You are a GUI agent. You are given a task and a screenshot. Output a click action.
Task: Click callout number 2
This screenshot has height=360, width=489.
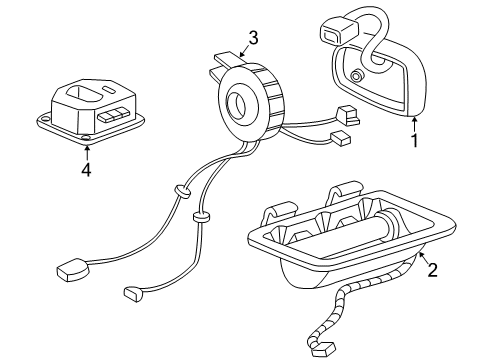tap(431, 269)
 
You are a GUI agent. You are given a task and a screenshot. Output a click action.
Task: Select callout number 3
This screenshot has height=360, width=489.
tap(254, 38)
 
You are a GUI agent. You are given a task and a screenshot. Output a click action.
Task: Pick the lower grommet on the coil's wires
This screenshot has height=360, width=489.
tap(199, 216)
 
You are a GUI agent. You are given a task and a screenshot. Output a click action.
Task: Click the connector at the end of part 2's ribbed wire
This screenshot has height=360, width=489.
tap(322, 349)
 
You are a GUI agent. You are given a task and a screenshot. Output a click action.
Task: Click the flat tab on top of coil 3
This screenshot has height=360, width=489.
tap(225, 61)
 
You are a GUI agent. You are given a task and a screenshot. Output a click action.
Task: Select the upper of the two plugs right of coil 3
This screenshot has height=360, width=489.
tap(349, 113)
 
